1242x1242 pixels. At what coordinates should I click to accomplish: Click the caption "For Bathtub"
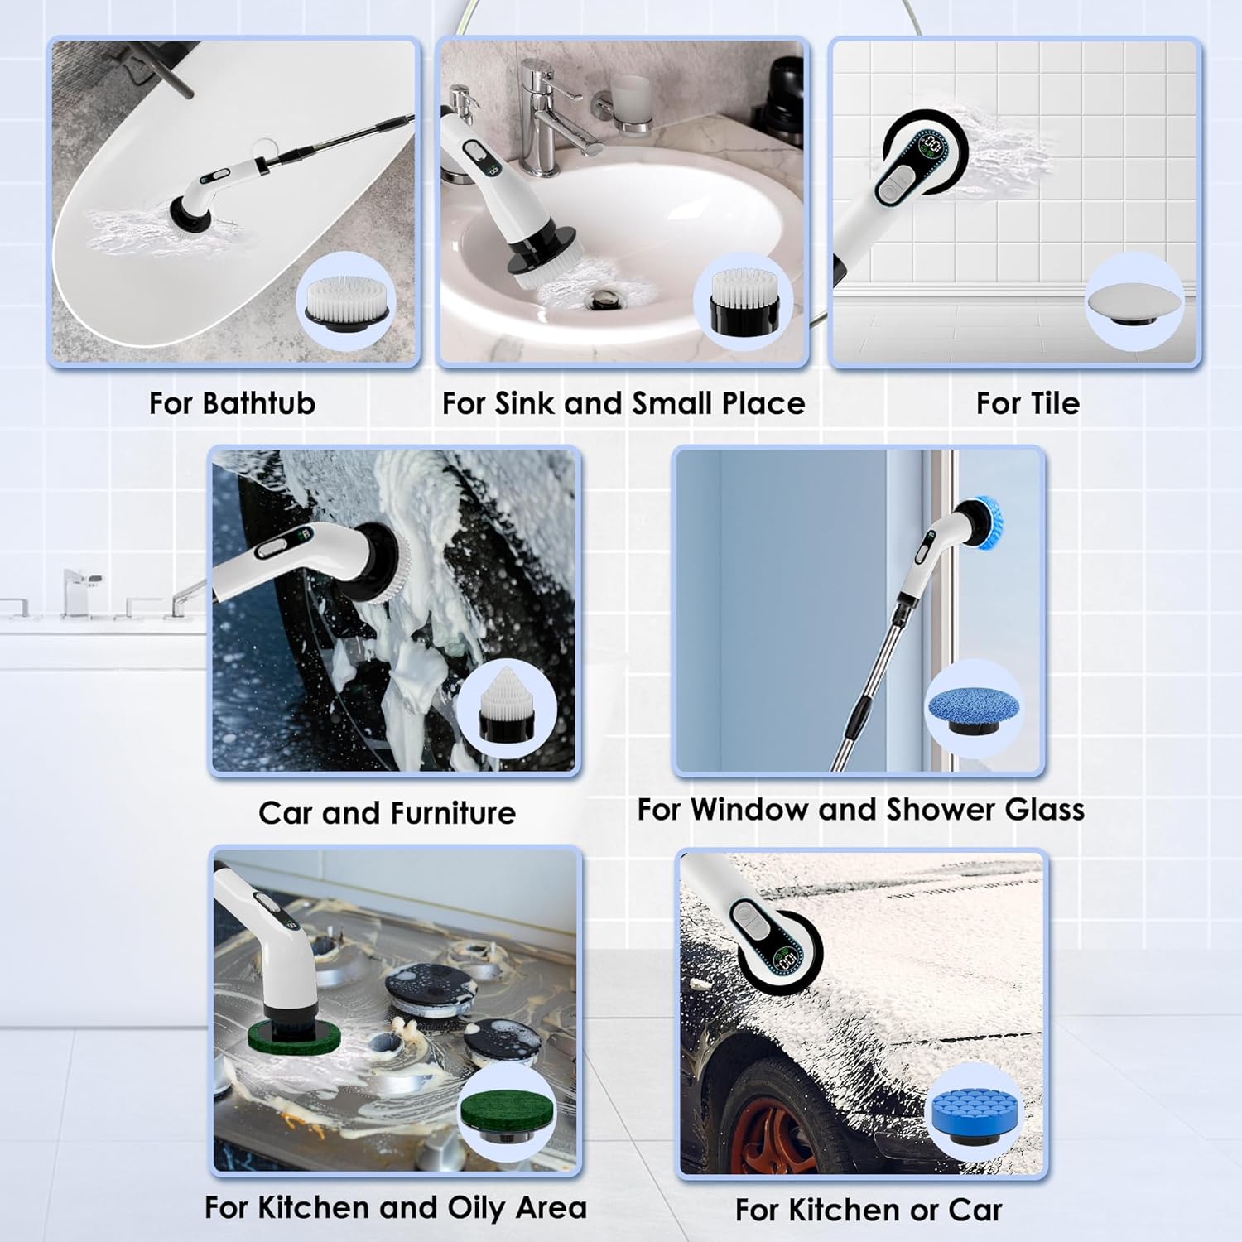232,403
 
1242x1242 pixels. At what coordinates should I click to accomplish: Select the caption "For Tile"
1028,403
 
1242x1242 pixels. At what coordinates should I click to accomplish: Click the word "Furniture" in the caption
452,813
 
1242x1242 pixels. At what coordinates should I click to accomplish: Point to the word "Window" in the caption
750,809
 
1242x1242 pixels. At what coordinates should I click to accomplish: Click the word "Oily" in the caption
477,1208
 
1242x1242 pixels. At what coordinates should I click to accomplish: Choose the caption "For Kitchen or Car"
869,1210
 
